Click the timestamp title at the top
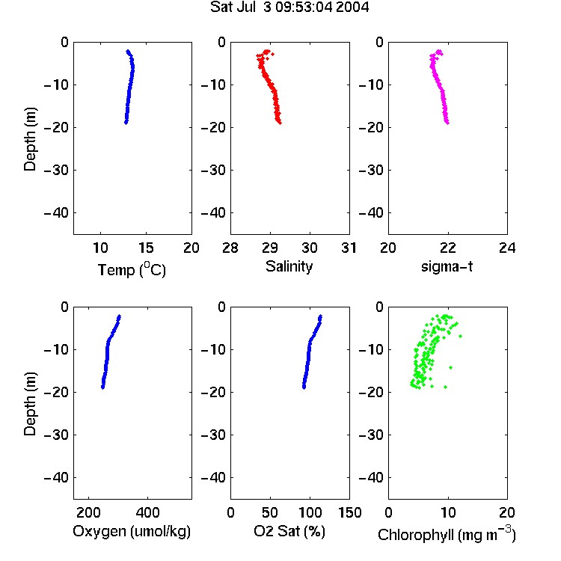(289, 7)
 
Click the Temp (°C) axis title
(132, 269)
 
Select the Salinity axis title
(289, 267)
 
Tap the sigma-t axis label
(447, 266)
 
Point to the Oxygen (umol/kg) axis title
(132, 531)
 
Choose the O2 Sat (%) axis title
(289, 531)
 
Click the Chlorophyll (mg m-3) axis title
(447, 534)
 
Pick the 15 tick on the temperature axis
(146, 248)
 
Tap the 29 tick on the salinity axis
(270, 248)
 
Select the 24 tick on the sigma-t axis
(507, 248)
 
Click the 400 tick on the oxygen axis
(147, 512)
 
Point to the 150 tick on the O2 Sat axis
(349, 512)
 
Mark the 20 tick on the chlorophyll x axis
(507, 512)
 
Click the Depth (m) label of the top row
(30, 139)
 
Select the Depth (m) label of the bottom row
(30, 404)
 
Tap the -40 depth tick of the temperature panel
(56, 213)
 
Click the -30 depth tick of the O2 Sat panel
(214, 435)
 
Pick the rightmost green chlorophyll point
(460, 336)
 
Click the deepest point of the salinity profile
(280, 123)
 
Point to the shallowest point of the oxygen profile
(120, 316)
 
